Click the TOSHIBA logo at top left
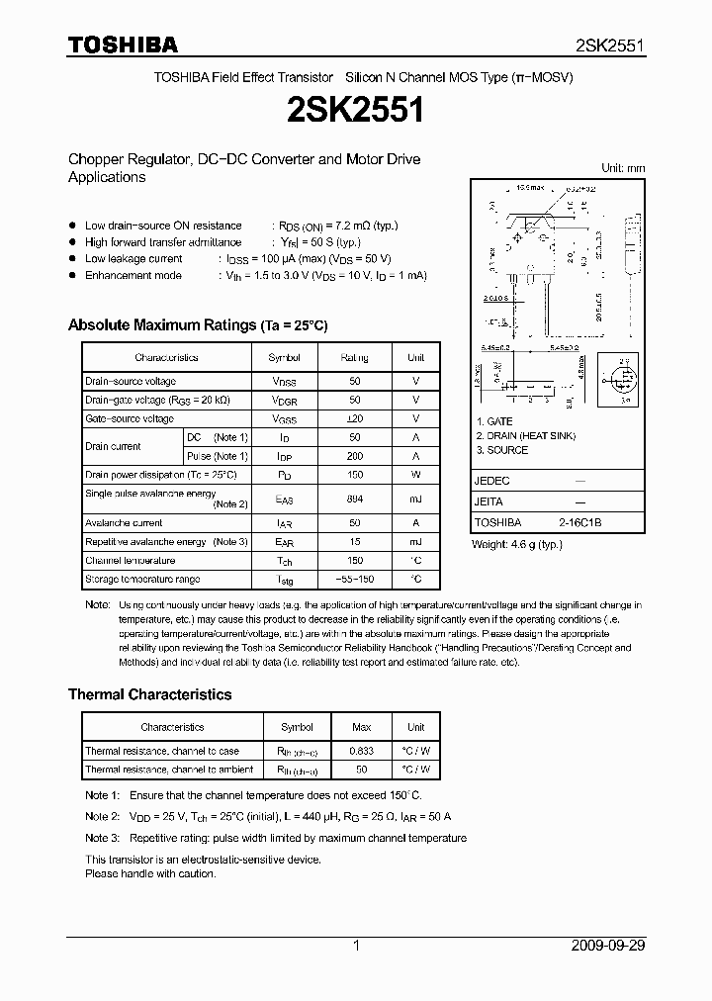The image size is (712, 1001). tap(123, 45)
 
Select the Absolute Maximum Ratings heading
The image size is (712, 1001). tap(197, 325)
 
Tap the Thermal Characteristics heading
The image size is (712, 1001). tap(149, 694)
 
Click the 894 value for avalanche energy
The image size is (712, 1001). tap(355, 499)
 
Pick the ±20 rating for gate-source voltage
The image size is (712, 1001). tap(355, 418)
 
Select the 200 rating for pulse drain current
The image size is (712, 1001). tap(355, 456)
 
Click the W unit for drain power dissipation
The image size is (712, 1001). tap(415, 475)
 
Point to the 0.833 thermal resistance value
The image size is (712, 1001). tap(362, 751)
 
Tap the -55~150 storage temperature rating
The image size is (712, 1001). tap(355, 579)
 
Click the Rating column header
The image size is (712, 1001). tap(355, 357)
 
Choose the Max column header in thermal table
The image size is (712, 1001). tap(362, 727)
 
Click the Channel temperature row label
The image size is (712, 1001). tap(130, 560)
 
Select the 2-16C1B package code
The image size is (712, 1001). tap(579, 522)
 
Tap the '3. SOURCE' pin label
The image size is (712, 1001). tap(502, 450)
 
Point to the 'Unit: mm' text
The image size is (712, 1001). tap(623, 168)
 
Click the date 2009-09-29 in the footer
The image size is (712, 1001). tap(608, 946)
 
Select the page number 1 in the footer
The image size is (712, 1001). tap(356, 946)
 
